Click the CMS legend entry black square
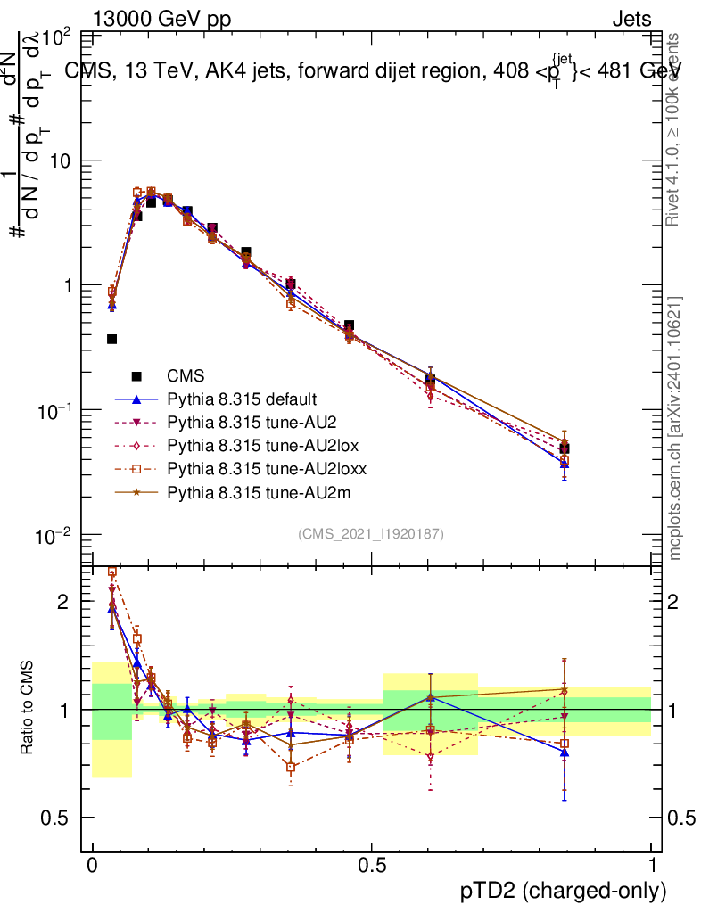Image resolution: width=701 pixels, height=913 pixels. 136,376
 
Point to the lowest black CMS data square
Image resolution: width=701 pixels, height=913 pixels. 564,448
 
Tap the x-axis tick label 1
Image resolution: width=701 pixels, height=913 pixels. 652,866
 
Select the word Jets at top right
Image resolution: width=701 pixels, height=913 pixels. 631,19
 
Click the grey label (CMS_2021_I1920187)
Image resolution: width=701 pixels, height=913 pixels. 371,534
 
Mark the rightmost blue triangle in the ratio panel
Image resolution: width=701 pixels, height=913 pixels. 564,752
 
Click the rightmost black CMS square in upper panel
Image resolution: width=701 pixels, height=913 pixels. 564,448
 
